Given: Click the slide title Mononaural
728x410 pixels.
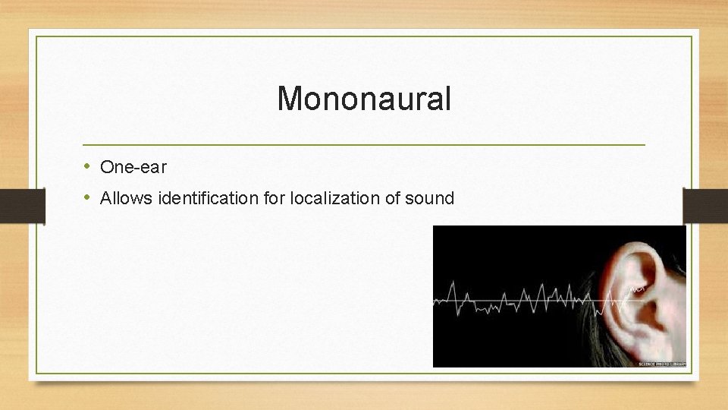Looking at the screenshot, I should coord(364,99).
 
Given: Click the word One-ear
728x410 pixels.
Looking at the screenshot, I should coord(133,167).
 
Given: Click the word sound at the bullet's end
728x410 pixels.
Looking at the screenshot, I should coord(429,199).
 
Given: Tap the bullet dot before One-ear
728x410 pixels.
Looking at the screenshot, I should coord(87,166).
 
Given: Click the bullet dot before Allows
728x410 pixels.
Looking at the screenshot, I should coord(87,198).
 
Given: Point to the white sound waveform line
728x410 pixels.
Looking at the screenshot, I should coord(516,300).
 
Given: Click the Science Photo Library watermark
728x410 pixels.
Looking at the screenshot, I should coord(661,364).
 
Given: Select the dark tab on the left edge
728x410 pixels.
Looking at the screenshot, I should coord(22,206).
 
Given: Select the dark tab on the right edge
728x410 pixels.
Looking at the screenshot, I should coord(705,206).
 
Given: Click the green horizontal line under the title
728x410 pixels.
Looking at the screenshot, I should coord(364,144).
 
